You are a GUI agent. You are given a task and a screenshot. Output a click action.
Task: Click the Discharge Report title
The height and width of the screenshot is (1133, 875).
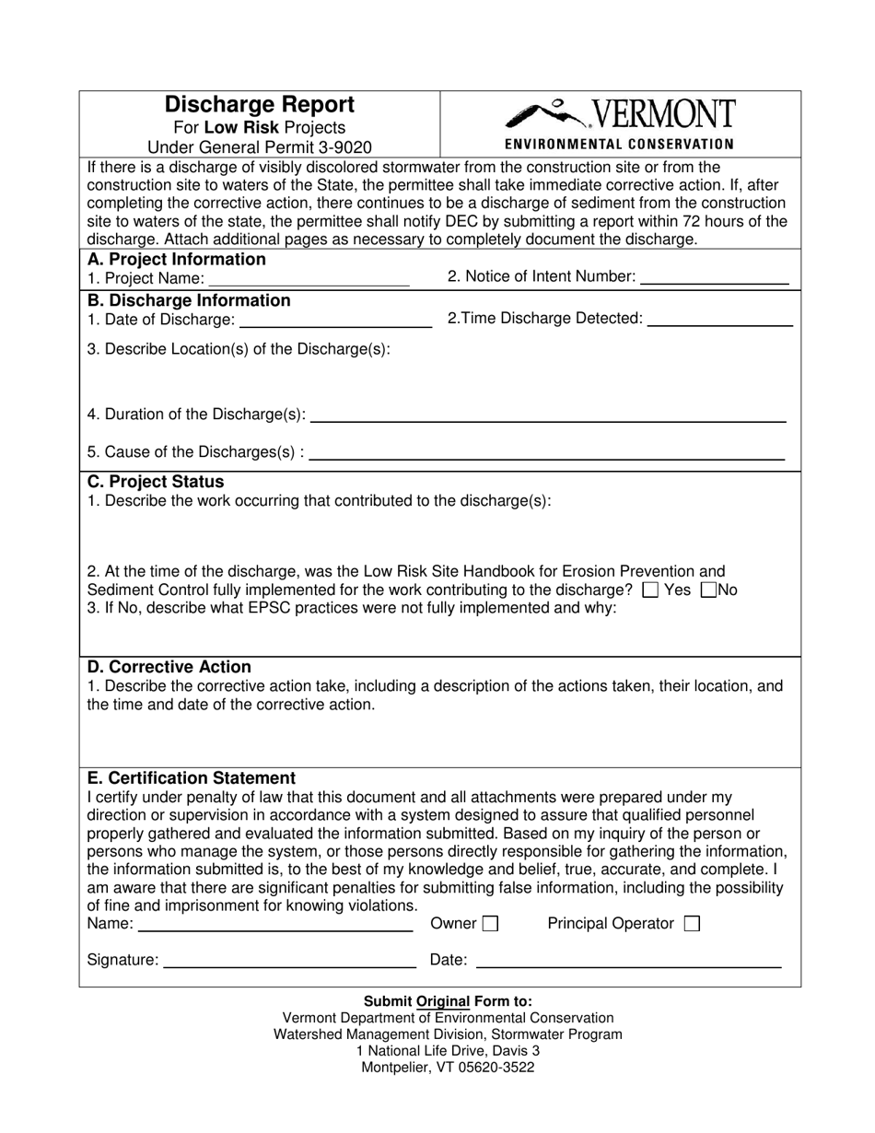259,105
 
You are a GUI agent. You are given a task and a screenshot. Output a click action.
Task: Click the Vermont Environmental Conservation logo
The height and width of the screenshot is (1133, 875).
620,123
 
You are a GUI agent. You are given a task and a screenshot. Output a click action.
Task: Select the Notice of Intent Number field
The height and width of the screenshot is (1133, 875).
714,277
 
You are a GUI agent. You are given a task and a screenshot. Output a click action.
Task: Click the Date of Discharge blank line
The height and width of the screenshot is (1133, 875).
334,321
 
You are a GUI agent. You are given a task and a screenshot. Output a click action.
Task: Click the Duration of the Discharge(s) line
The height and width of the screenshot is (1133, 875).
548,415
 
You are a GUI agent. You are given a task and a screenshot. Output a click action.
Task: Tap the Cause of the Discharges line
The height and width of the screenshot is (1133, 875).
548,452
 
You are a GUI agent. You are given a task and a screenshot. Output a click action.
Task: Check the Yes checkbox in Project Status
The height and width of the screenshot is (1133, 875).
650,590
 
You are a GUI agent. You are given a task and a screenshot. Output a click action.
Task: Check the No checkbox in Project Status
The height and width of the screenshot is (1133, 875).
708,590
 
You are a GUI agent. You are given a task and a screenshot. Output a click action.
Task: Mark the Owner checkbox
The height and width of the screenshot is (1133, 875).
490,924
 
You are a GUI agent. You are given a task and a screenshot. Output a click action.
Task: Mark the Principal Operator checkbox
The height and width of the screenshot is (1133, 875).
692,924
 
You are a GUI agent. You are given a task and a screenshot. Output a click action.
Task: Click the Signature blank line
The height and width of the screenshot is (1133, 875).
289,962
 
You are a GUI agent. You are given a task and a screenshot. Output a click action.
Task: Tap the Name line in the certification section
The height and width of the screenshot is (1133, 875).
275,925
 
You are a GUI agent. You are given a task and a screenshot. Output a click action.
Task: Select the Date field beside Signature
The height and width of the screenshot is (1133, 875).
628,962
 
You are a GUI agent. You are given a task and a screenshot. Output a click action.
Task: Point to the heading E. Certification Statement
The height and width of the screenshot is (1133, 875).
192,777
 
